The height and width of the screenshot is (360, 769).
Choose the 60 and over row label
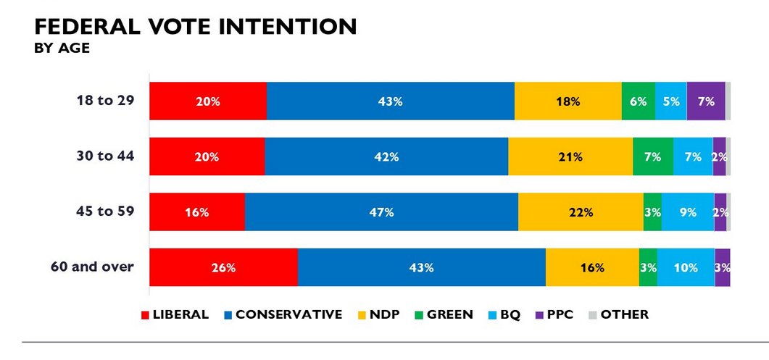click(92, 267)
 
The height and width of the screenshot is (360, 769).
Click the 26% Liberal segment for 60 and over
click(223, 267)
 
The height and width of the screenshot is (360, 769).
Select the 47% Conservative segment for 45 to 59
click(381, 212)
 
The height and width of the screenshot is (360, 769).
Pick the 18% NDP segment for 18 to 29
click(568, 101)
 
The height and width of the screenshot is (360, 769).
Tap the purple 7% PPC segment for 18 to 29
click(706, 101)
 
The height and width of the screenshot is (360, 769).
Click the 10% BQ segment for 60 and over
click(686, 267)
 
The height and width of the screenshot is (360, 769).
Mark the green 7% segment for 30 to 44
click(652, 156)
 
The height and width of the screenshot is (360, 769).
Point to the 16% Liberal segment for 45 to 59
click(197, 212)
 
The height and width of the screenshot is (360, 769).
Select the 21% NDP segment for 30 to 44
click(570, 156)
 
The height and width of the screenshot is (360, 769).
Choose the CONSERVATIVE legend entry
click(283, 314)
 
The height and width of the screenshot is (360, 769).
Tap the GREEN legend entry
click(441, 314)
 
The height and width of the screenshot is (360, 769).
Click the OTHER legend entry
click(619, 314)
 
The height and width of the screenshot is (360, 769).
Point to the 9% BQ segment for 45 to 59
click(687, 212)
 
